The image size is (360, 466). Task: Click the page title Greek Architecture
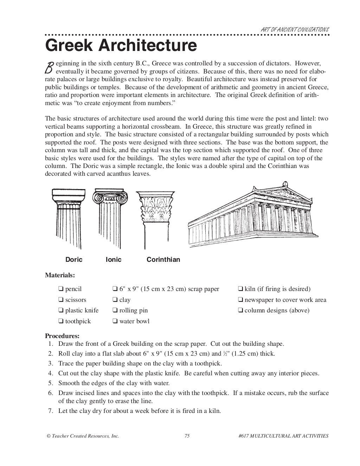click(121, 46)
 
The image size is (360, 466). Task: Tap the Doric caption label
click(74, 260)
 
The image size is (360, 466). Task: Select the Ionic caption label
click(114, 260)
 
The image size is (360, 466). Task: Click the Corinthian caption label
click(163, 260)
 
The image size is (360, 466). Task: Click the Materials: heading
click(60, 275)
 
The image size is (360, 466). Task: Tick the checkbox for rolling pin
click(115, 310)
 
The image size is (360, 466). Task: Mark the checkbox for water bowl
click(115, 321)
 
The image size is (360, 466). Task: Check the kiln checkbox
click(240, 289)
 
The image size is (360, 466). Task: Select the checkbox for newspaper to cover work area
click(240, 300)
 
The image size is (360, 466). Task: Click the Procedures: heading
click(62, 336)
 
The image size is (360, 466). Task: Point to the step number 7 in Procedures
click(50, 411)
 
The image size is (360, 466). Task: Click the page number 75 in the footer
click(187, 436)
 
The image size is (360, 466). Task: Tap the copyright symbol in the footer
click(48, 436)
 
